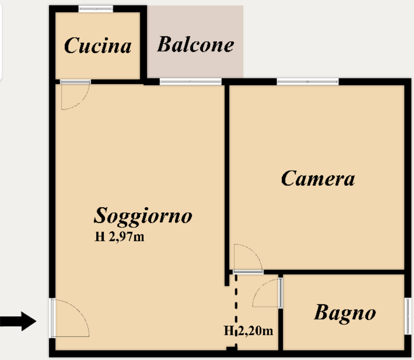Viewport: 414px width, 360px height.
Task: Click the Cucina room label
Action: [x=98, y=45]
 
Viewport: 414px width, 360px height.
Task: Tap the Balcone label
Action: [x=196, y=44]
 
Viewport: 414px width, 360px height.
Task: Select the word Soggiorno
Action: [x=143, y=216]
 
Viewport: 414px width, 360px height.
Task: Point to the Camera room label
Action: [x=318, y=178]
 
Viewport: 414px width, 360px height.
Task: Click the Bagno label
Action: [x=345, y=313]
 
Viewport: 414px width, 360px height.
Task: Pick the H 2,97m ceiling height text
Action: [x=119, y=237]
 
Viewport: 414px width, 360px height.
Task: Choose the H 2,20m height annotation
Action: [x=248, y=331]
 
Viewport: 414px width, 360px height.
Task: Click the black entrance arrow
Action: [x=18, y=321]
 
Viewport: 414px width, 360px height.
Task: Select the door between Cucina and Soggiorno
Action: [x=76, y=95]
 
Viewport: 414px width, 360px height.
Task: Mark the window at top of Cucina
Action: [x=96, y=9]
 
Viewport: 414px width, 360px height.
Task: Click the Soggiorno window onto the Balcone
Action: [x=190, y=82]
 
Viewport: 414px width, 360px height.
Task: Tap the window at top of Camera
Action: [x=308, y=82]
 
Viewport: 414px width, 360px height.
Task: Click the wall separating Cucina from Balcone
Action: [x=143, y=45]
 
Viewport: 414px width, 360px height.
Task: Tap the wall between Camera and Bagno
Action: [x=334, y=272]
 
